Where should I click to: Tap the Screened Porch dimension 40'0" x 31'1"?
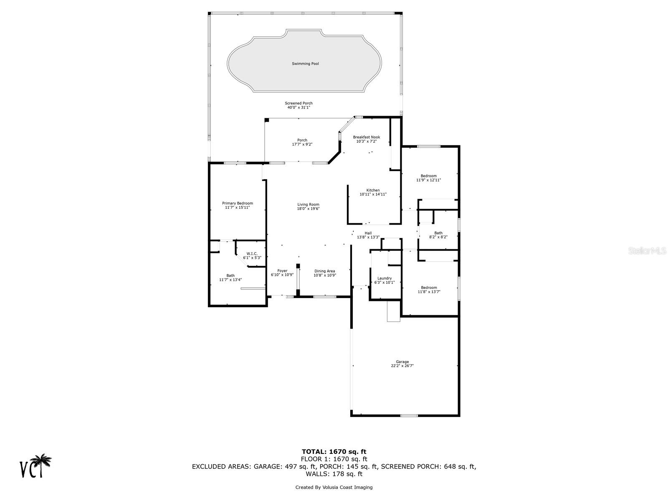pos(299,108)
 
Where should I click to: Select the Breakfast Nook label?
pos(366,137)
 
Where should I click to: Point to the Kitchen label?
pos(373,190)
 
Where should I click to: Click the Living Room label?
pos(308,205)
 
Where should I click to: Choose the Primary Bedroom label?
pos(237,203)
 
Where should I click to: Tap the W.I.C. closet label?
pos(252,253)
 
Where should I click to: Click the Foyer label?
pos(282,271)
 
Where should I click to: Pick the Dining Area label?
pos(324,271)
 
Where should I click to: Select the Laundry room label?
pos(384,278)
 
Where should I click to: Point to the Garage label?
pos(402,362)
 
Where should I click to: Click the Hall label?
pos(368,233)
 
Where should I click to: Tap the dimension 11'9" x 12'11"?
pos(428,180)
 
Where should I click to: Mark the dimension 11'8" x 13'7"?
pos(429,292)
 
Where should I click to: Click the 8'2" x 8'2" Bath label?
pos(438,233)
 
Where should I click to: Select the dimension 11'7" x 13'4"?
pos(230,280)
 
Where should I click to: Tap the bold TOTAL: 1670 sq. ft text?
pos(334,451)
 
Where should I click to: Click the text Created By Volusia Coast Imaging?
pos(334,487)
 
